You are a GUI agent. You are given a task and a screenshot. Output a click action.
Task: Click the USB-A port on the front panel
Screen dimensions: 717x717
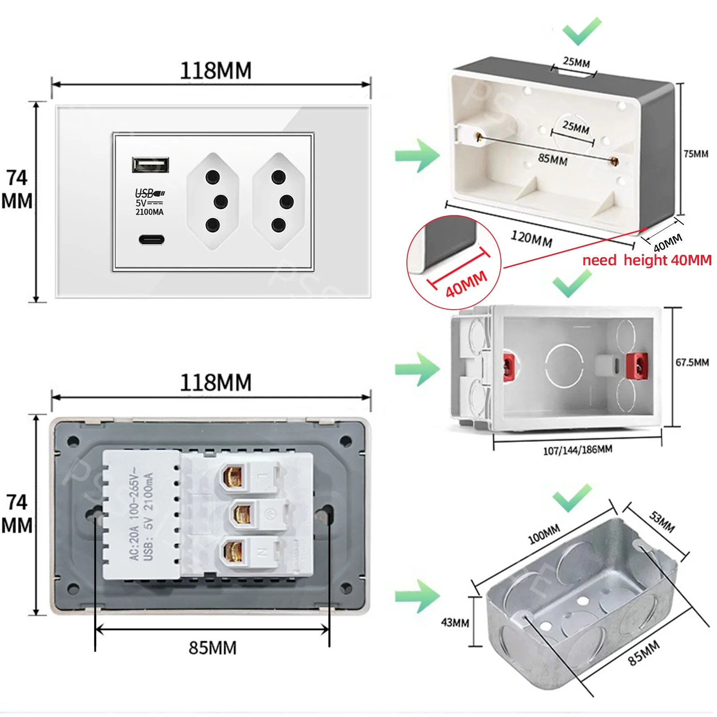[x=151, y=164]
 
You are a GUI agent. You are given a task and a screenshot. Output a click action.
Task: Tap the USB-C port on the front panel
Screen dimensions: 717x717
[x=151, y=239]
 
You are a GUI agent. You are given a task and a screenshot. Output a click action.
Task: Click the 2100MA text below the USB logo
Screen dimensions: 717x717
[x=149, y=212]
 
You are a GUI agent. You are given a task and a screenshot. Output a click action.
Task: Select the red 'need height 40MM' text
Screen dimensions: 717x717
[x=647, y=260]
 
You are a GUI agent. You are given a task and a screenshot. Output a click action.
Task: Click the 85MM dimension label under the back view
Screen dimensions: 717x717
[x=212, y=648]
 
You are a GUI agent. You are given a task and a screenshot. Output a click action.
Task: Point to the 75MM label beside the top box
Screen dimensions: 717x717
[x=695, y=154]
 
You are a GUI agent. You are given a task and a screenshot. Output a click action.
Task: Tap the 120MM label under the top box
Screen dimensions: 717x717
[x=531, y=238]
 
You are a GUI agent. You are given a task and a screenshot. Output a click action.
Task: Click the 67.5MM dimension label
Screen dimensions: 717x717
[x=692, y=362]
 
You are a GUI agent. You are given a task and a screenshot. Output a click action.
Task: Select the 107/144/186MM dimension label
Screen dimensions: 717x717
[x=577, y=450]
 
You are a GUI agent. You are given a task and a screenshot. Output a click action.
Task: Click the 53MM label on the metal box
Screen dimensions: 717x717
[x=662, y=522]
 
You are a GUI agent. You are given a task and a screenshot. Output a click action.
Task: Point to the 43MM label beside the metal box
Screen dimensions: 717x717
[x=455, y=622]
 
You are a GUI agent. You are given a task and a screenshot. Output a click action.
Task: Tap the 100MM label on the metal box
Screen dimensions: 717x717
[x=544, y=534]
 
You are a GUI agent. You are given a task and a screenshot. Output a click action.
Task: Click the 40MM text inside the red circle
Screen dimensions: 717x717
[x=466, y=284]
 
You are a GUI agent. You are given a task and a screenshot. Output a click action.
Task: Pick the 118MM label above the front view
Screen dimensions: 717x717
[x=216, y=71]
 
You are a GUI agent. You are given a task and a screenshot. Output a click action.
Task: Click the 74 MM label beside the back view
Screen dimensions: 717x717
[x=17, y=514]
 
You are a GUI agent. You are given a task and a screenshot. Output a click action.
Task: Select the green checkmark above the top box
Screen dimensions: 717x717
[x=581, y=31]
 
